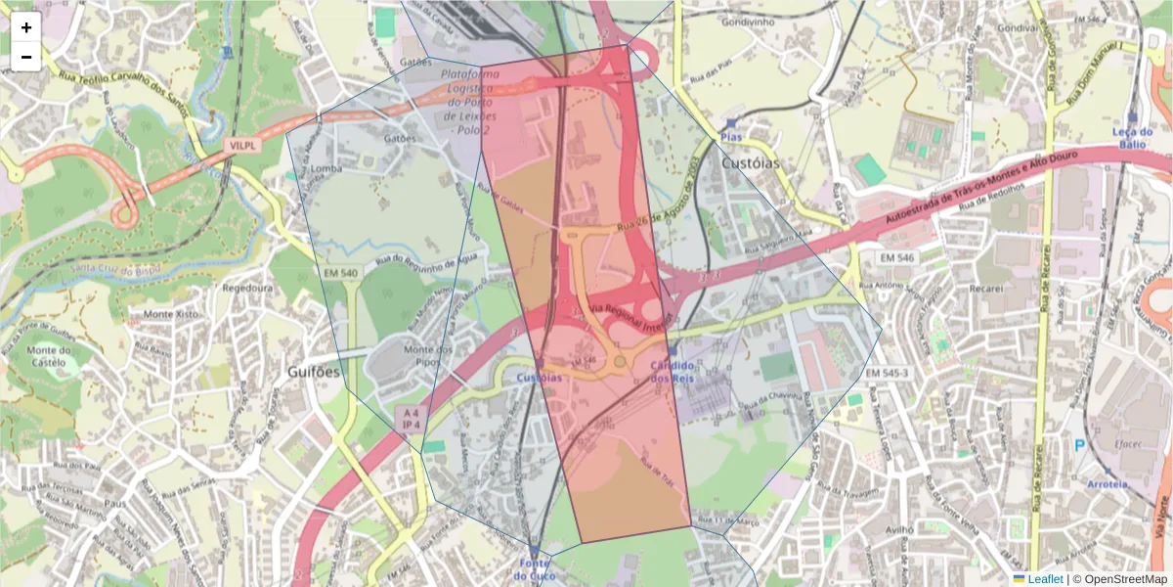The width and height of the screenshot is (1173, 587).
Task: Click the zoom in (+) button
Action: point(26,27)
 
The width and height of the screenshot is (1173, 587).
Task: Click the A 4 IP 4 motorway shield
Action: point(411,420)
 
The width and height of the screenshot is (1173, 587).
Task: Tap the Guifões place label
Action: point(315,372)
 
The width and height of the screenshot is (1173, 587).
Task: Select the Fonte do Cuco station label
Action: point(534,569)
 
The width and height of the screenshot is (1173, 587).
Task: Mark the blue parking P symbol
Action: point(1080,445)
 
